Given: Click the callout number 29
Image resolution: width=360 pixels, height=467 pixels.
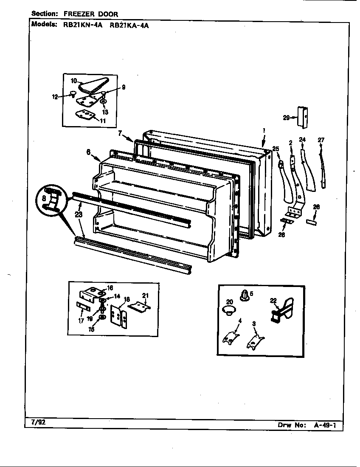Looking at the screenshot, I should click(x=286, y=118).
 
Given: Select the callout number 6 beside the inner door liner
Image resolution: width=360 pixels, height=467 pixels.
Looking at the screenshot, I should click(x=88, y=152).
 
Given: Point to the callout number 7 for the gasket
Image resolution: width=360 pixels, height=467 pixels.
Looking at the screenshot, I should click(x=120, y=133).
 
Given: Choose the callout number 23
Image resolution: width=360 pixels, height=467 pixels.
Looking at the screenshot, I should click(x=79, y=215).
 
